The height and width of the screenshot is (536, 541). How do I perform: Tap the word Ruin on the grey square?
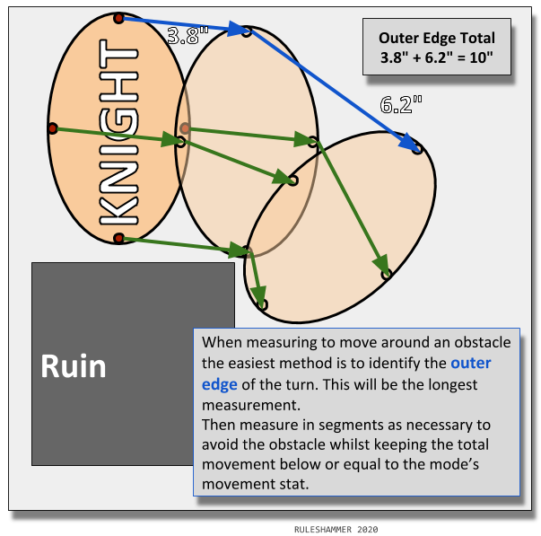click(x=74, y=366)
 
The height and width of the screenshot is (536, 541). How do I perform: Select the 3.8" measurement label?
click(x=188, y=36)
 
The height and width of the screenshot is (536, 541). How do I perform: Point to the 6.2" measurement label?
click(x=401, y=104)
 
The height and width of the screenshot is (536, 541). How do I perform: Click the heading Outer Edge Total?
click(x=436, y=39)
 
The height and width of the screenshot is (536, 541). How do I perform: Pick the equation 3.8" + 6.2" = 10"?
click(x=436, y=61)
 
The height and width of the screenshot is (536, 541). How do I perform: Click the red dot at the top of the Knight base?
click(x=119, y=18)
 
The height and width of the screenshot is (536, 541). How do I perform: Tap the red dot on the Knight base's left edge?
click(x=52, y=128)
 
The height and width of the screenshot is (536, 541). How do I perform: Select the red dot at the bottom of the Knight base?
click(x=118, y=237)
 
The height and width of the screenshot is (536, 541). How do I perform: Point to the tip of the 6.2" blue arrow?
click(x=416, y=147)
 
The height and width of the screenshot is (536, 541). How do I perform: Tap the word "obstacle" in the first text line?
click(x=482, y=342)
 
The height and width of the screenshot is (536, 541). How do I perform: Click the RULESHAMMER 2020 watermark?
click(x=336, y=530)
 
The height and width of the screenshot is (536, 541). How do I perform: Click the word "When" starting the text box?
click(x=222, y=342)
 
